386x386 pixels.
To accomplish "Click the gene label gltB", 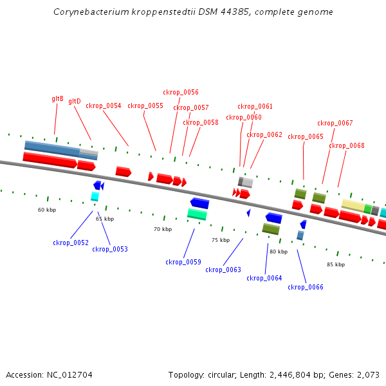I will point(57,99).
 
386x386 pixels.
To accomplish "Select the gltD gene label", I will point(75,101).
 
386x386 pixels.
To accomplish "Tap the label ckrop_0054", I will point(104,106).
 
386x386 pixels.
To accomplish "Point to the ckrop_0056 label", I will point(181,92).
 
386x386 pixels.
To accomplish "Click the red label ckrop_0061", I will point(255,106).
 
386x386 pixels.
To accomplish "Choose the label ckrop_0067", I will point(335,123).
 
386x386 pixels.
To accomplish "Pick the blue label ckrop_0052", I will point(71,243).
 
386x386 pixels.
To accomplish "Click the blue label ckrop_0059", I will point(183,262).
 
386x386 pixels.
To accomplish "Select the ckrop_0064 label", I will point(264,278).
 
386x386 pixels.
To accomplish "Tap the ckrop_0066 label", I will point(305,287).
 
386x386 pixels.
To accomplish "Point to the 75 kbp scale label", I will point(221,240).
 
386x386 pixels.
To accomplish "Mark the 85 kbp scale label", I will point(336,264).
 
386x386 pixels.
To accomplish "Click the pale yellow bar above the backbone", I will point(353,205).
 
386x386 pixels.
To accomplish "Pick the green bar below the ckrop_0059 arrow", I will point(197,214).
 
